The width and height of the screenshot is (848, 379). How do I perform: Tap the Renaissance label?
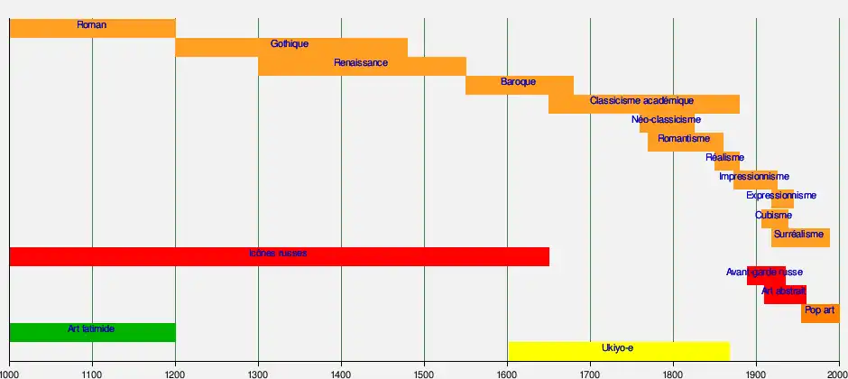point(361,63)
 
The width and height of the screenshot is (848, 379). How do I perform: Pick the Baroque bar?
point(519,85)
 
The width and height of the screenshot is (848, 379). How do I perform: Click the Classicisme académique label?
point(641,101)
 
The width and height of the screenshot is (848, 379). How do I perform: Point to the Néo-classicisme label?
point(666,119)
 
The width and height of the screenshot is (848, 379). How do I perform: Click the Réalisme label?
point(724,158)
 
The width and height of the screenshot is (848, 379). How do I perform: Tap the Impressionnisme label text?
point(754,177)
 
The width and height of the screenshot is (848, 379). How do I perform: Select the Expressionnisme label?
point(781,196)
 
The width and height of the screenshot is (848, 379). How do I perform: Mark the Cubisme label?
point(773,216)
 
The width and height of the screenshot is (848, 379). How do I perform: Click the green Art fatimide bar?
point(91,333)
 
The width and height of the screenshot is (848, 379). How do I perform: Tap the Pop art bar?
point(819,313)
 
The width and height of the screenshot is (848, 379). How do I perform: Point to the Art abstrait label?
point(783,291)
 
